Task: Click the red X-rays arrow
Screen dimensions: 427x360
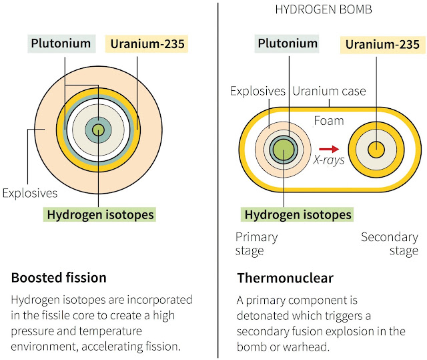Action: pos(329,149)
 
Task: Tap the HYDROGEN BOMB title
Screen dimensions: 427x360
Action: pos(324,10)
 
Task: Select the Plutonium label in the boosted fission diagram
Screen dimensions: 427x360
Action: pos(61,43)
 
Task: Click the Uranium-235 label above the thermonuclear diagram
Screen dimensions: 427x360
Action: pos(382,45)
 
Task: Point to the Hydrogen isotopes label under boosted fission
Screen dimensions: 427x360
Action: pos(100,214)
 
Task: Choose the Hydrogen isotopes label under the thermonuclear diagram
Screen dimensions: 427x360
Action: pos(298,214)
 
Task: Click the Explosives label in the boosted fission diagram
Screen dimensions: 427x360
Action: pos(30,193)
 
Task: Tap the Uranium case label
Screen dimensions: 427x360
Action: pos(329,91)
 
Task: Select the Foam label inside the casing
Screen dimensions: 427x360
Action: pos(329,121)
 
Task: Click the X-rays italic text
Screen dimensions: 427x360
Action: pos(329,160)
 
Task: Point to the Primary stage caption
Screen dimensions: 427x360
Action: pos(256,244)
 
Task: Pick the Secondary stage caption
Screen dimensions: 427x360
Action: pos(390,244)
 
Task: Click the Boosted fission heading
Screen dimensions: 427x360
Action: pos(59,278)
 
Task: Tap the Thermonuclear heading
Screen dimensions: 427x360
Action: pos(285,278)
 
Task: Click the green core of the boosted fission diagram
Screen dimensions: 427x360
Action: pos(98,130)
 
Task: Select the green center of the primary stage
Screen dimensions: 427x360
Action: pos(284,150)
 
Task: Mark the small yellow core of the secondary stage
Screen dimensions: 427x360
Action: pos(376,150)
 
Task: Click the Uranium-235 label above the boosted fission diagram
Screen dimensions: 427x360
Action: pos(147,44)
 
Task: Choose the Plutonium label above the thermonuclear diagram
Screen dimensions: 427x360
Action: pos(287,43)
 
